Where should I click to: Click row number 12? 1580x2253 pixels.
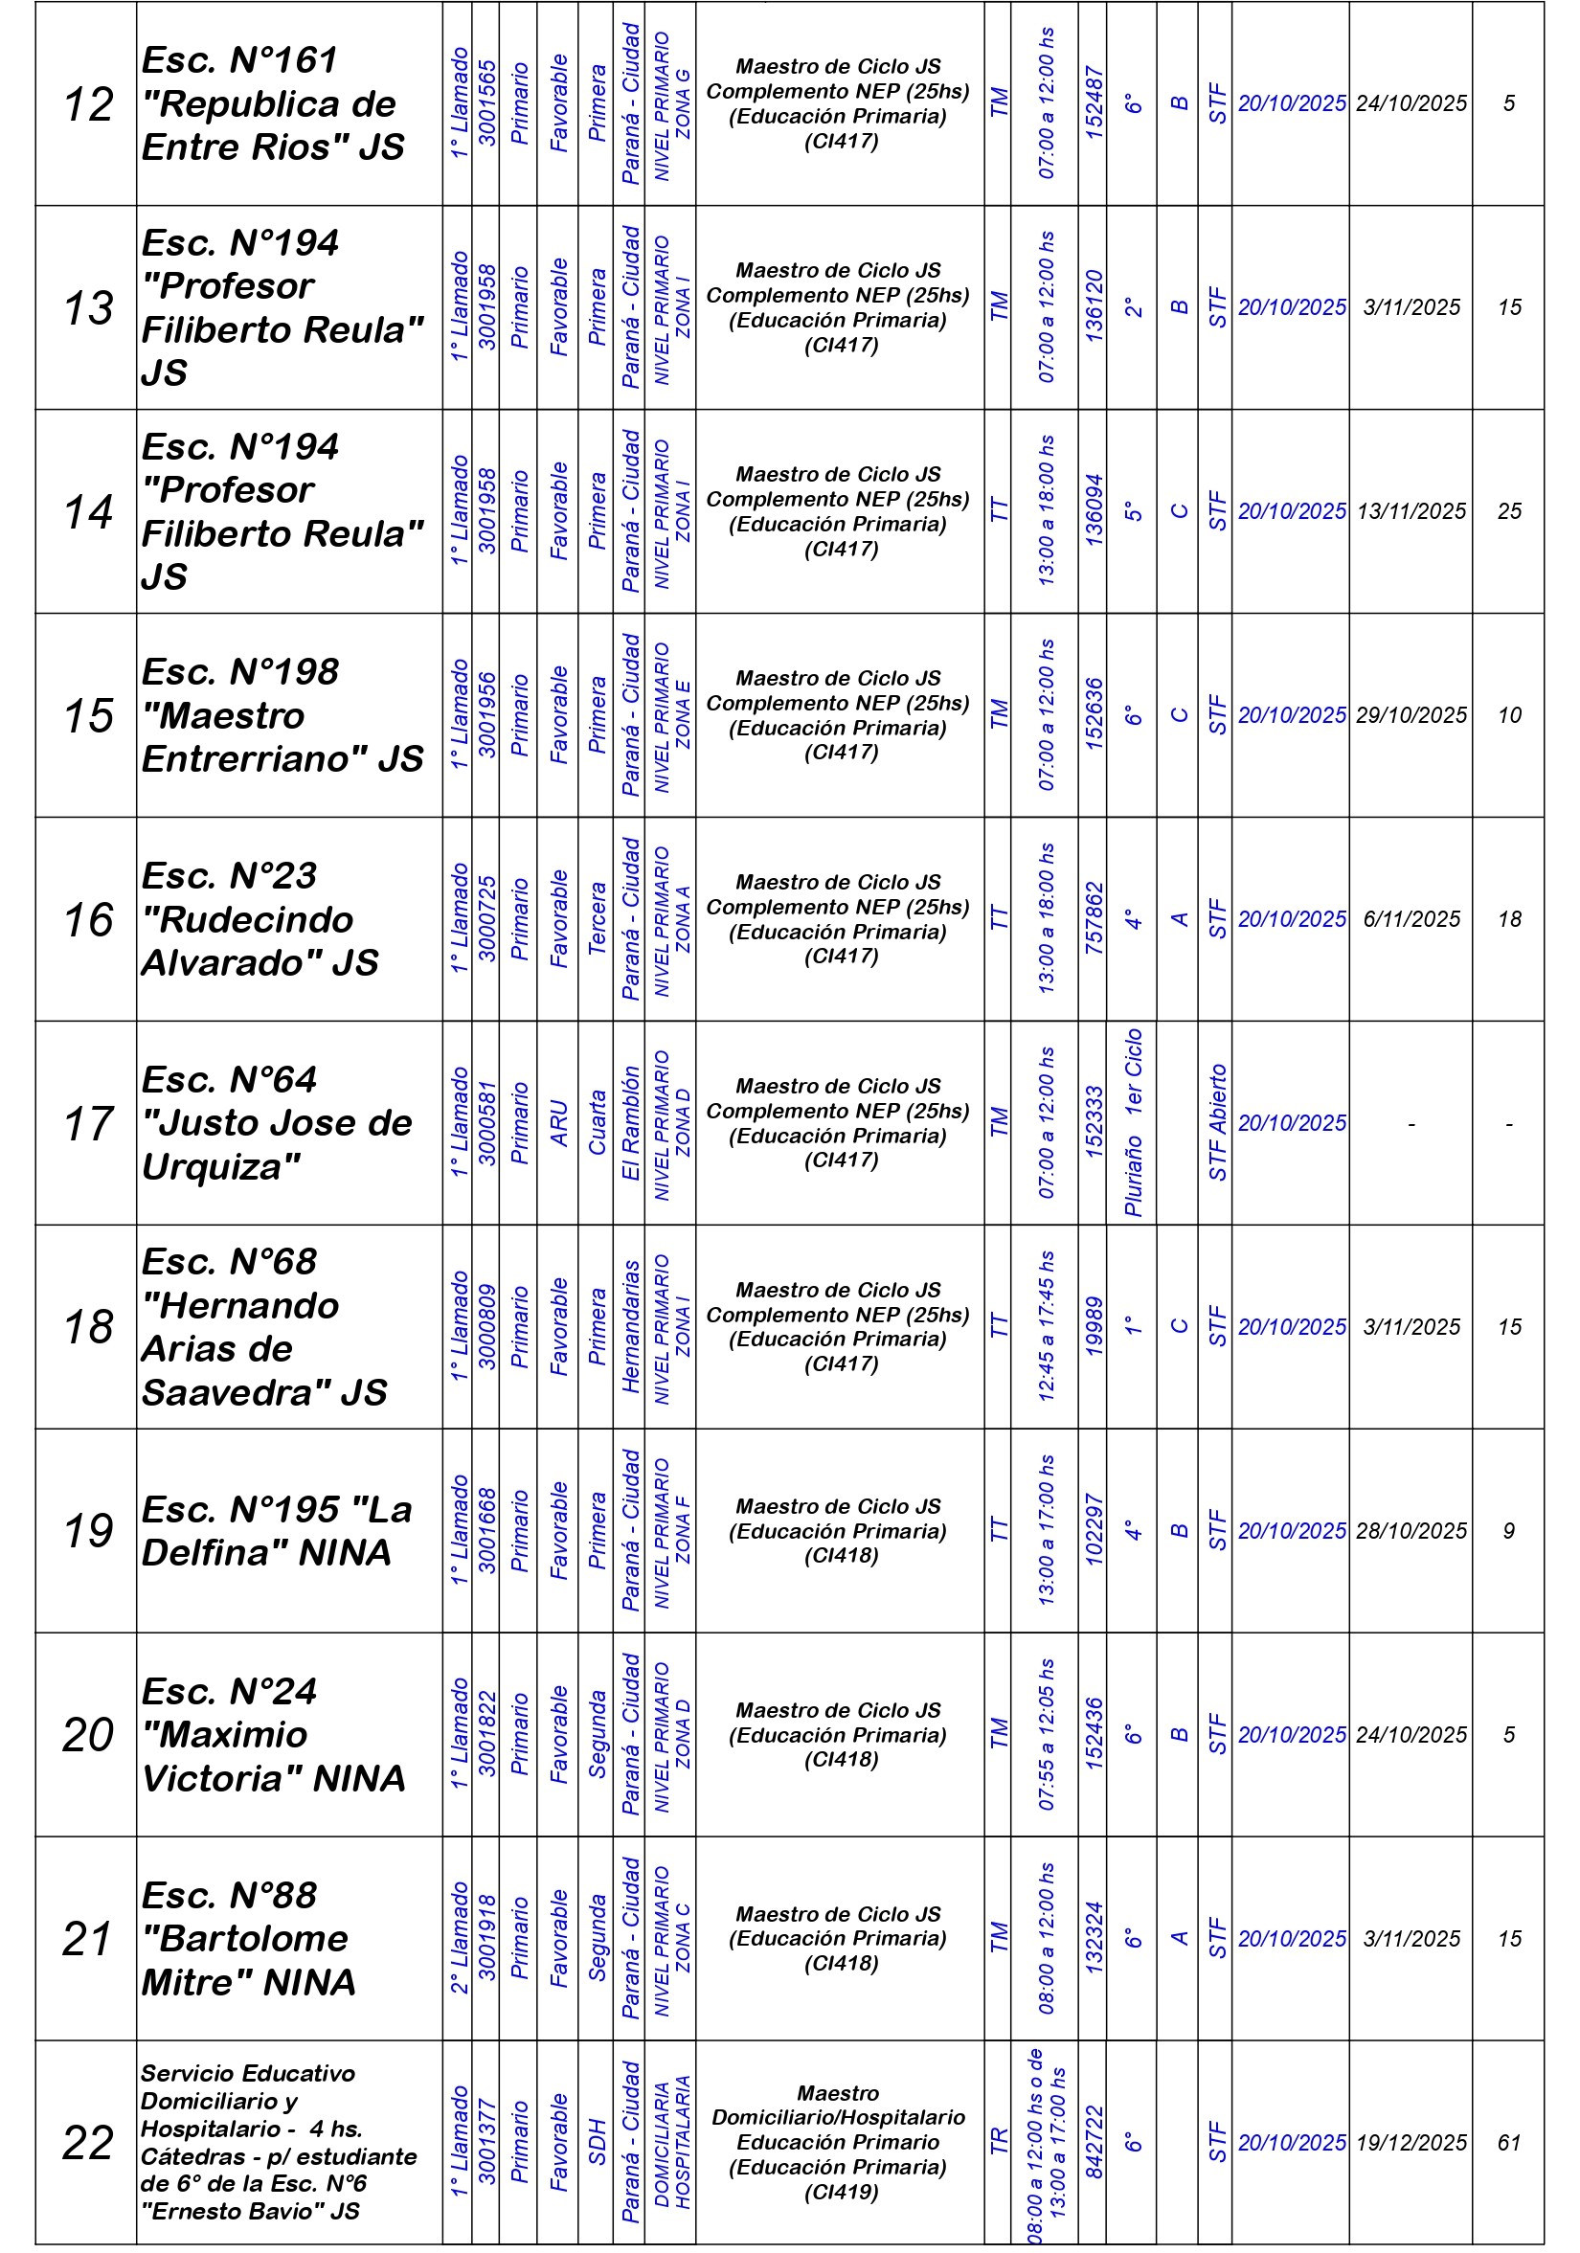(x=88, y=104)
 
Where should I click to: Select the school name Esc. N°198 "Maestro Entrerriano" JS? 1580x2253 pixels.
(x=282, y=715)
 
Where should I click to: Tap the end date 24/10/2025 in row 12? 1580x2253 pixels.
(x=1411, y=104)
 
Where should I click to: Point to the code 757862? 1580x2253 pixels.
(x=1094, y=918)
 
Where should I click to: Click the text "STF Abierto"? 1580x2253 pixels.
(x=1217, y=1122)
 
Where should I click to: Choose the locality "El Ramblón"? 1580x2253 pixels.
(x=630, y=1122)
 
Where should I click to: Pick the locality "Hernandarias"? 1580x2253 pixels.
(x=630, y=1327)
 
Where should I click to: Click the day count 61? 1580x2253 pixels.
(x=1508, y=2143)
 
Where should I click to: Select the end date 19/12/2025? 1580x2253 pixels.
(x=1411, y=2143)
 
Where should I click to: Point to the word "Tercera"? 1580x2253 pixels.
(x=597, y=918)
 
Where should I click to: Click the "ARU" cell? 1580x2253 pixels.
(x=558, y=1122)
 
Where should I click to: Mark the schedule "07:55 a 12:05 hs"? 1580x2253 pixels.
(x=1046, y=1735)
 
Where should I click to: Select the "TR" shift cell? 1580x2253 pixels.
(x=998, y=2143)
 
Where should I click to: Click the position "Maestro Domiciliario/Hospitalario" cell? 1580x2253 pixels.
(x=839, y=2142)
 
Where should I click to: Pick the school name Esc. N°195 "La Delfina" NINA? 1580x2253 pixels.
(x=277, y=1531)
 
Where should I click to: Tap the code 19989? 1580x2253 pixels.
(x=1094, y=1327)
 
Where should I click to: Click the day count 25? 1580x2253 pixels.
(x=1508, y=511)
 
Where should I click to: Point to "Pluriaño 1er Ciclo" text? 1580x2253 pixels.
(x=1133, y=1122)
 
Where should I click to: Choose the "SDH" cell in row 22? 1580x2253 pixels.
(x=597, y=2143)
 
